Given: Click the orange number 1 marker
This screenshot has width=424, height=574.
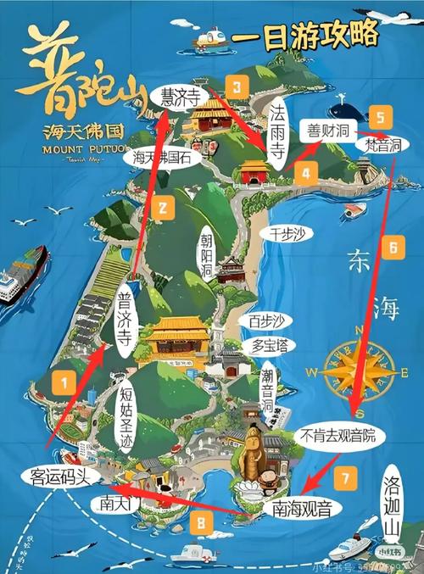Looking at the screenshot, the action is click(x=62, y=383).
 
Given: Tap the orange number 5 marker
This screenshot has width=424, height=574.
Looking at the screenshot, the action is click(x=381, y=117).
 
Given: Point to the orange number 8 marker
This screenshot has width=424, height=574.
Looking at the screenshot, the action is click(x=199, y=526).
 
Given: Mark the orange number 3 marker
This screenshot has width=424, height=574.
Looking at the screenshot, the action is click(x=238, y=86).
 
